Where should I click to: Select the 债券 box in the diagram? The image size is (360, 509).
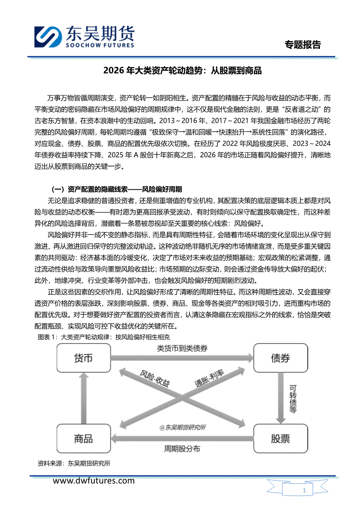[280, 358]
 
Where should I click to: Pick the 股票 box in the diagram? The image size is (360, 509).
[280, 438]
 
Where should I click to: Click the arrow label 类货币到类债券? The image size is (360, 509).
[182, 348]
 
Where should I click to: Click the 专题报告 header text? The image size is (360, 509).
[302, 45]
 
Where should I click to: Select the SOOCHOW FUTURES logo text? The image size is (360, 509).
[99, 45]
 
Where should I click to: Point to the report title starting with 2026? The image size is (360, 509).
[182, 71]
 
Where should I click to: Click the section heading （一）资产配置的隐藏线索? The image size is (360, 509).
[116, 189]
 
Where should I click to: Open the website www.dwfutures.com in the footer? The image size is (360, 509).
[94, 481]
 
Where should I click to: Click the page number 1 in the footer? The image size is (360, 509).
[304, 491]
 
